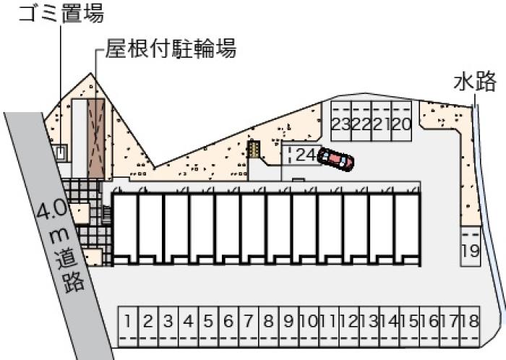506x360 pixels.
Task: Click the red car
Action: coord(335,159)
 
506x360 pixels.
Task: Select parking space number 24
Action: coord(301,155)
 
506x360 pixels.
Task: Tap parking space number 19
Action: coord(470,246)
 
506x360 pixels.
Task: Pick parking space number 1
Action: coord(128,327)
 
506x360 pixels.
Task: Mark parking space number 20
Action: coord(401,121)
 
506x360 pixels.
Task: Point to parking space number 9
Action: coord(289,327)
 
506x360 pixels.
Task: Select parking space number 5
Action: coord(208,327)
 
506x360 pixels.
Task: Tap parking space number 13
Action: coord(370,327)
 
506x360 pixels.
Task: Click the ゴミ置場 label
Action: coord(61,13)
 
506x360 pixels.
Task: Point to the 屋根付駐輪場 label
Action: coord(171,48)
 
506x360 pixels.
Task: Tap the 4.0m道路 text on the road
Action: coord(60,247)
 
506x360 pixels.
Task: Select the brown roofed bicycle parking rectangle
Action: coord(96,139)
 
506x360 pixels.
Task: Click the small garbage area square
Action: coord(60,153)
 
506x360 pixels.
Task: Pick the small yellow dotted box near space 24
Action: coord(254,150)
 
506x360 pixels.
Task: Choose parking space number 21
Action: coord(382,121)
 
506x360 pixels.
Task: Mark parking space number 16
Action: coord(430,327)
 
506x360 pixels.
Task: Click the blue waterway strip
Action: coord(489,207)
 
